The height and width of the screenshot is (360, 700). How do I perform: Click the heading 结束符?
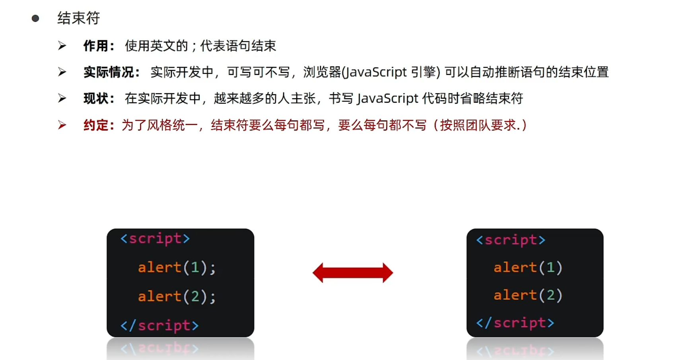(x=78, y=18)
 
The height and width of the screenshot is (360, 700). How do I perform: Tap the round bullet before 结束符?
(x=35, y=18)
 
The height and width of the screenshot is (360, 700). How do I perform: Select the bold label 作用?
(x=95, y=46)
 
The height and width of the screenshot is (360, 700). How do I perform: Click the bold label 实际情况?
(x=108, y=72)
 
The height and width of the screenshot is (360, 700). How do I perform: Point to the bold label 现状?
(x=95, y=99)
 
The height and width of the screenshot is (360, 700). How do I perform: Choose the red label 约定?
(x=95, y=125)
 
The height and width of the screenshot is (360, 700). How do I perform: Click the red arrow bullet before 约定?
(x=62, y=125)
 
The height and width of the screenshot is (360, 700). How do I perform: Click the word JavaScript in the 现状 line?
(x=388, y=99)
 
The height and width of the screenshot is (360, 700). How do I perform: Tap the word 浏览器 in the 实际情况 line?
(x=322, y=72)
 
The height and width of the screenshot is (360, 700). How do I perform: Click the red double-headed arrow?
(x=353, y=273)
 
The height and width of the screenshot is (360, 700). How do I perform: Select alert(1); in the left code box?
(x=177, y=268)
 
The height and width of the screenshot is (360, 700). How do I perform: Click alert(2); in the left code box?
(x=177, y=297)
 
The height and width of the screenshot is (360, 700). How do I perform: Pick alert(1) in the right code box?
(x=528, y=268)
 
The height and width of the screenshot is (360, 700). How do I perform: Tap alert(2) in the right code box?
(x=528, y=296)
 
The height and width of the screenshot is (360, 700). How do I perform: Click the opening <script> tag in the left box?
(x=155, y=239)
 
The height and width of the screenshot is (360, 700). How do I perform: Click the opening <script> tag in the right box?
(x=511, y=240)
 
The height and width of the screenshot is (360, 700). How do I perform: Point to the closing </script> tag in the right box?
(x=515, y=323)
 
